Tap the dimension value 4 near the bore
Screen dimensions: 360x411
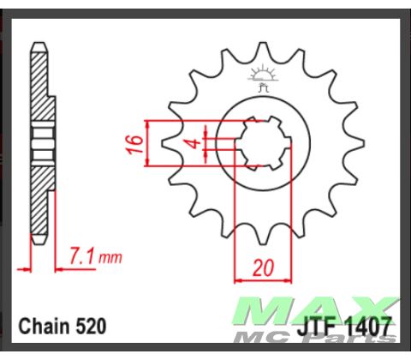[x=194, y=141]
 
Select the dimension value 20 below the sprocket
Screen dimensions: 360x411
[x=263, y=267]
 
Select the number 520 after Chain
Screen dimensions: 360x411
[x=91, y=326]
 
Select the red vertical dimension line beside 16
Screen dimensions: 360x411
[x=150, y=142]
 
